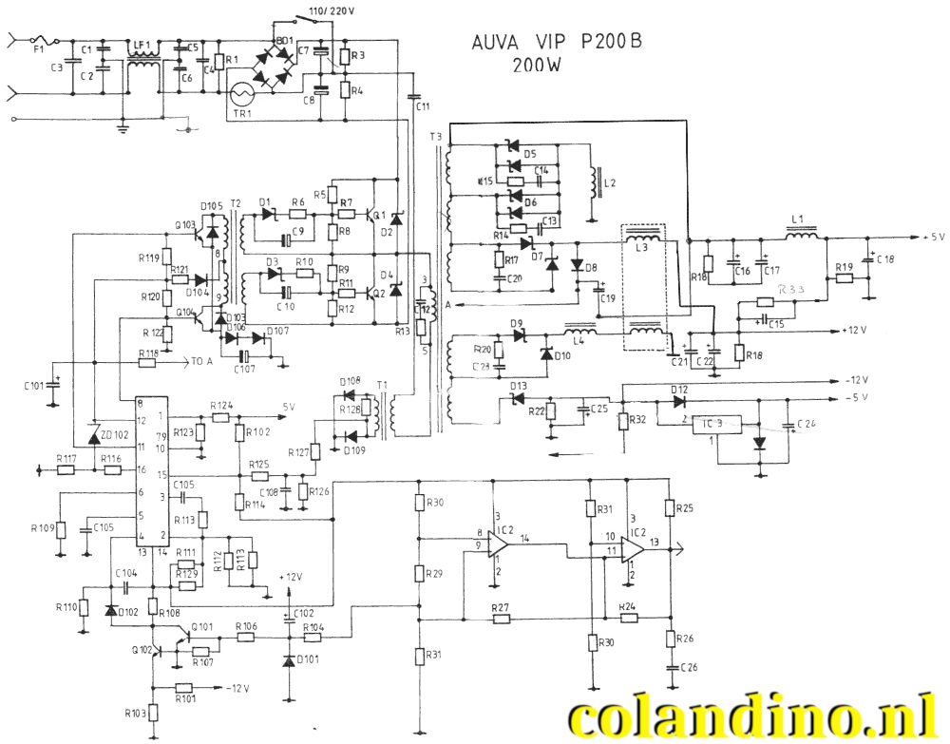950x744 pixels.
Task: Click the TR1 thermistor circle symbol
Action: coord(245,95)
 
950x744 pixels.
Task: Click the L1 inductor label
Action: coord(797,219)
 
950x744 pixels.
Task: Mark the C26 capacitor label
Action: coord(688,667)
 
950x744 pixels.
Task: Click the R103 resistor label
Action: coord(136,713)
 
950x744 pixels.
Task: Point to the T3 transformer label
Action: coord(435,137)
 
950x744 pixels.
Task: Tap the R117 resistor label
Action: coord(66,458)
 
